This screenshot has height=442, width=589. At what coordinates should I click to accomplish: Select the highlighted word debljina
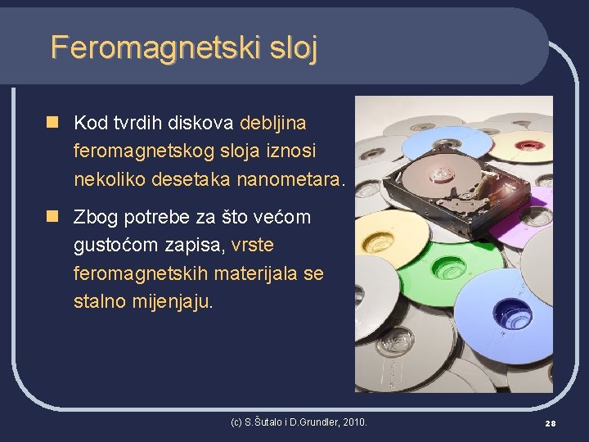273,123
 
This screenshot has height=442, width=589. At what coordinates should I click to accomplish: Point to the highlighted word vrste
253,245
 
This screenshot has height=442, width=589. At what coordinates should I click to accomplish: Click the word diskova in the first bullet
201,123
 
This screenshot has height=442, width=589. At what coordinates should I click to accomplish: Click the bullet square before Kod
53,123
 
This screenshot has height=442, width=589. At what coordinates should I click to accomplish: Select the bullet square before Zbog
53,217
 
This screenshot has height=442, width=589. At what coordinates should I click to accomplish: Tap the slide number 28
550,423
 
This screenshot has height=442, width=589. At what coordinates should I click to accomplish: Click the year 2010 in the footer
353,422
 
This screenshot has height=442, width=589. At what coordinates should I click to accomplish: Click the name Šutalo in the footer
264,422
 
